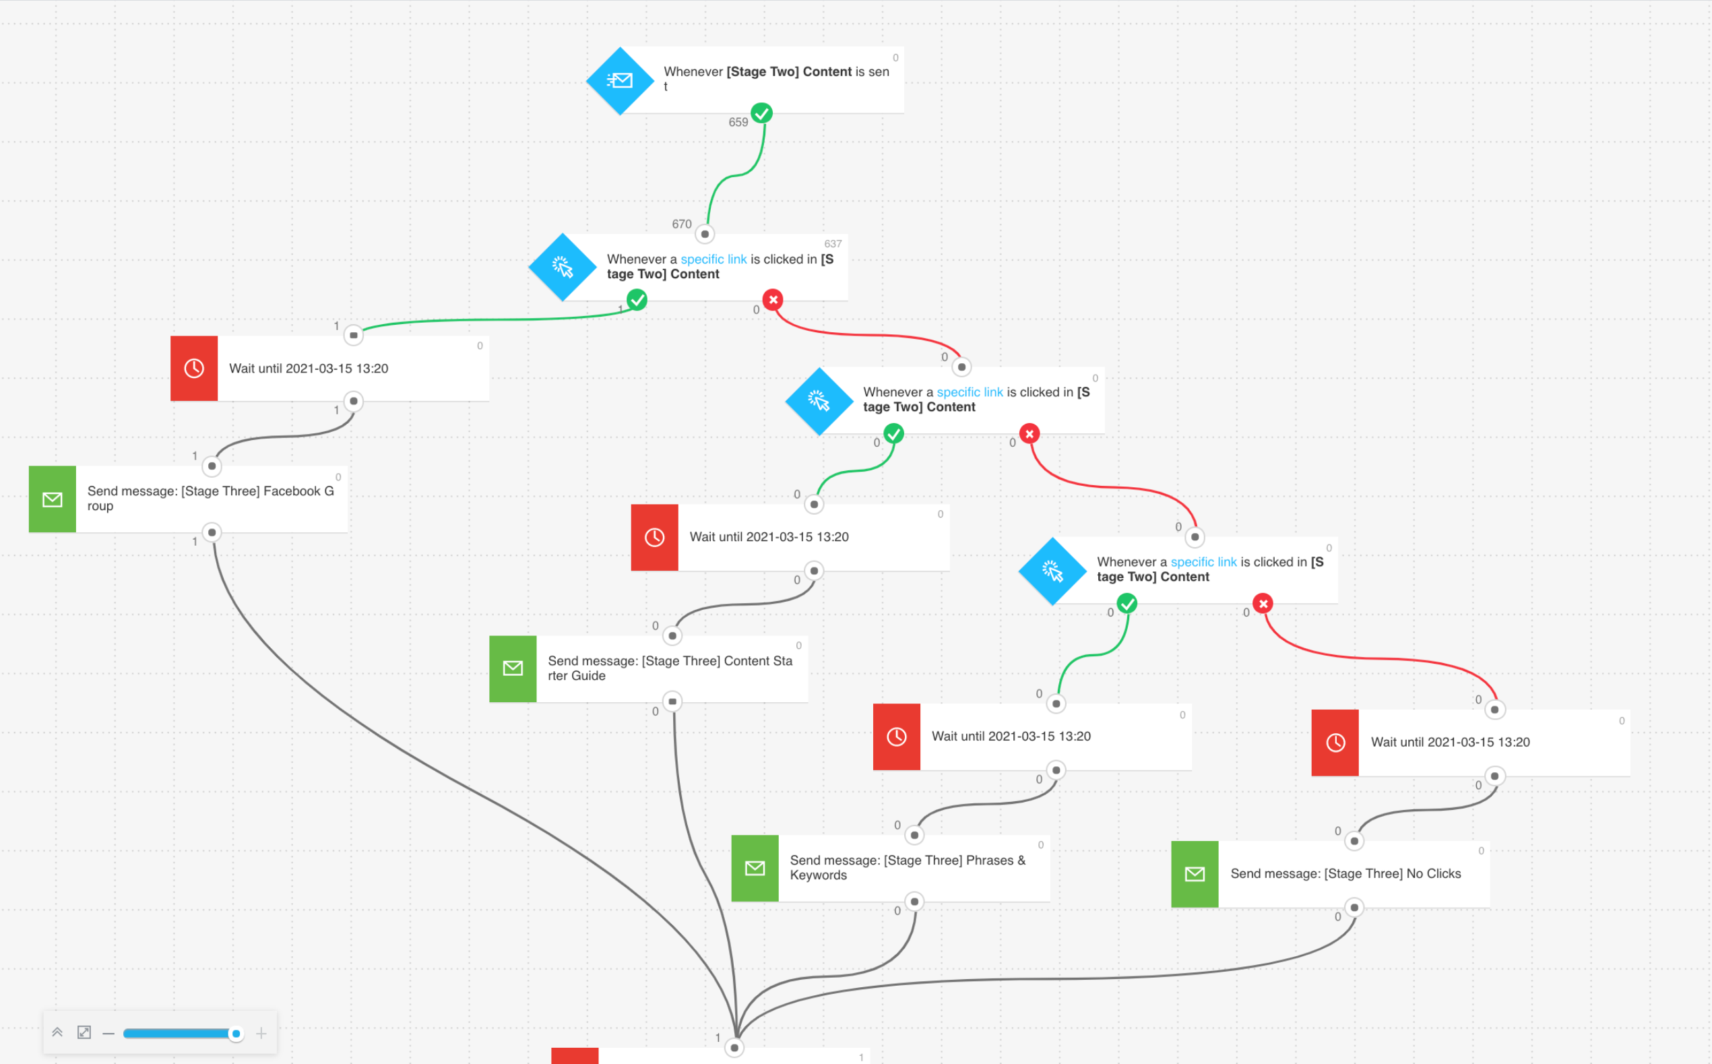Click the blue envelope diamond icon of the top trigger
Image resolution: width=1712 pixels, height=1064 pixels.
620,81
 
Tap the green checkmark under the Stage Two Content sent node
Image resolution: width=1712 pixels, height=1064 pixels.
761,113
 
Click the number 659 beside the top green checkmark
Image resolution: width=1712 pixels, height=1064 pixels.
738,123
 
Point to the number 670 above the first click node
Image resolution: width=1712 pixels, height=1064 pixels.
681,224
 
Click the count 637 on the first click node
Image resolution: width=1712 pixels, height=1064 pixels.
833,243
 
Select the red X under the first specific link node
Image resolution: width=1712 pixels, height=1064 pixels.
773,300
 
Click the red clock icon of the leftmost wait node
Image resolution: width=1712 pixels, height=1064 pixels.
194,368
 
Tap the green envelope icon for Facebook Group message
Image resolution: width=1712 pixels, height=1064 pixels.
53,499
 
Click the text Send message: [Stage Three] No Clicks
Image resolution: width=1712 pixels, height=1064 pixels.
1345,873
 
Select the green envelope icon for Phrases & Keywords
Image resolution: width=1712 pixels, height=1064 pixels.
755,868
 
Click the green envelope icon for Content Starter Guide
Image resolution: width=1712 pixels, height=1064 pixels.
513,668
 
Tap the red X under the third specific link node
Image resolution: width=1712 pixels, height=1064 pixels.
1263,603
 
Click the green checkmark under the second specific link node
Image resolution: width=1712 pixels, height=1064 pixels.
893,433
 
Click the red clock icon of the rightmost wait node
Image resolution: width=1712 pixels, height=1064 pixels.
1335,743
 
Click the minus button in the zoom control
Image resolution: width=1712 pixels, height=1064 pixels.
108,1033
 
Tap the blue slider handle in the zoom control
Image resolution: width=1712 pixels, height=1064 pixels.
236,1033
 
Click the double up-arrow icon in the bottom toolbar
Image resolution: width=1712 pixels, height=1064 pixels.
58,1032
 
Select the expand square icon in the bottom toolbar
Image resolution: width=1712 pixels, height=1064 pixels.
84,1032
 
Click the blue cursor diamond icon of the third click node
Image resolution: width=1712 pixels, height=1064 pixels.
1052,571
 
